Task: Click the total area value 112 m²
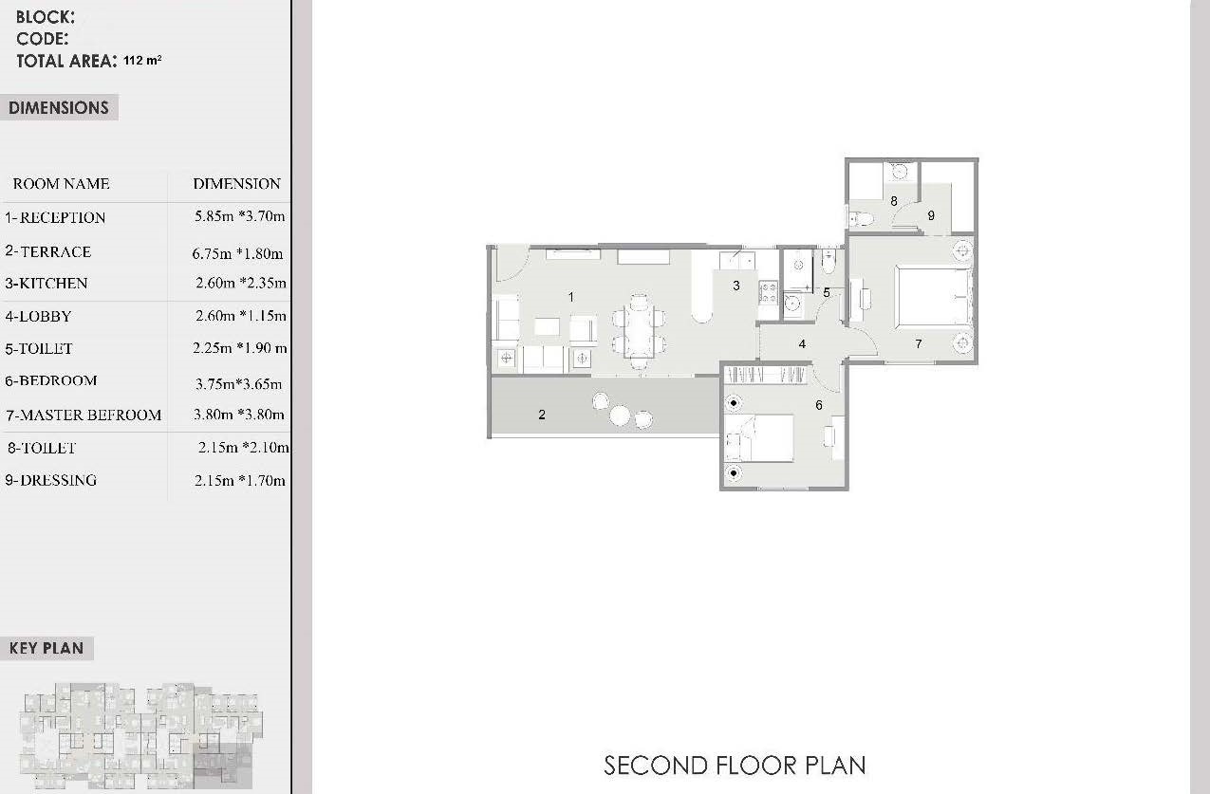[x=142, y=60]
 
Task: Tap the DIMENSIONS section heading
[x=59, y=107]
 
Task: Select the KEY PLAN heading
[x=47, y=648]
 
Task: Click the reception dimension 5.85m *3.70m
[x=239, y=216]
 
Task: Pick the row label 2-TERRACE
[x=48, y=251]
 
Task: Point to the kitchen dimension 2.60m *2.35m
[x=241, y=283]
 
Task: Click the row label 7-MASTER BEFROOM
[x=84, y=415]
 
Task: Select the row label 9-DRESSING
[x=51, y=480]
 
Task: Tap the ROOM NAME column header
[x=61, y=184]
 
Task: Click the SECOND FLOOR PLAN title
[x=735, y=766]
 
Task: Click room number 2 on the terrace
[x=542, y=415]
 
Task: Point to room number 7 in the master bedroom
[x=919, y=343]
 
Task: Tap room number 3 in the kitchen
[x=735, y=286]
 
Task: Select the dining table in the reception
[x=639, y=332]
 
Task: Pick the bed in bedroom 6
[x=759, y=438]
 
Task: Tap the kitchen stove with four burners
[x=768, y=293]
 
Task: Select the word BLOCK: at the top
[x=46, y=17]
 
